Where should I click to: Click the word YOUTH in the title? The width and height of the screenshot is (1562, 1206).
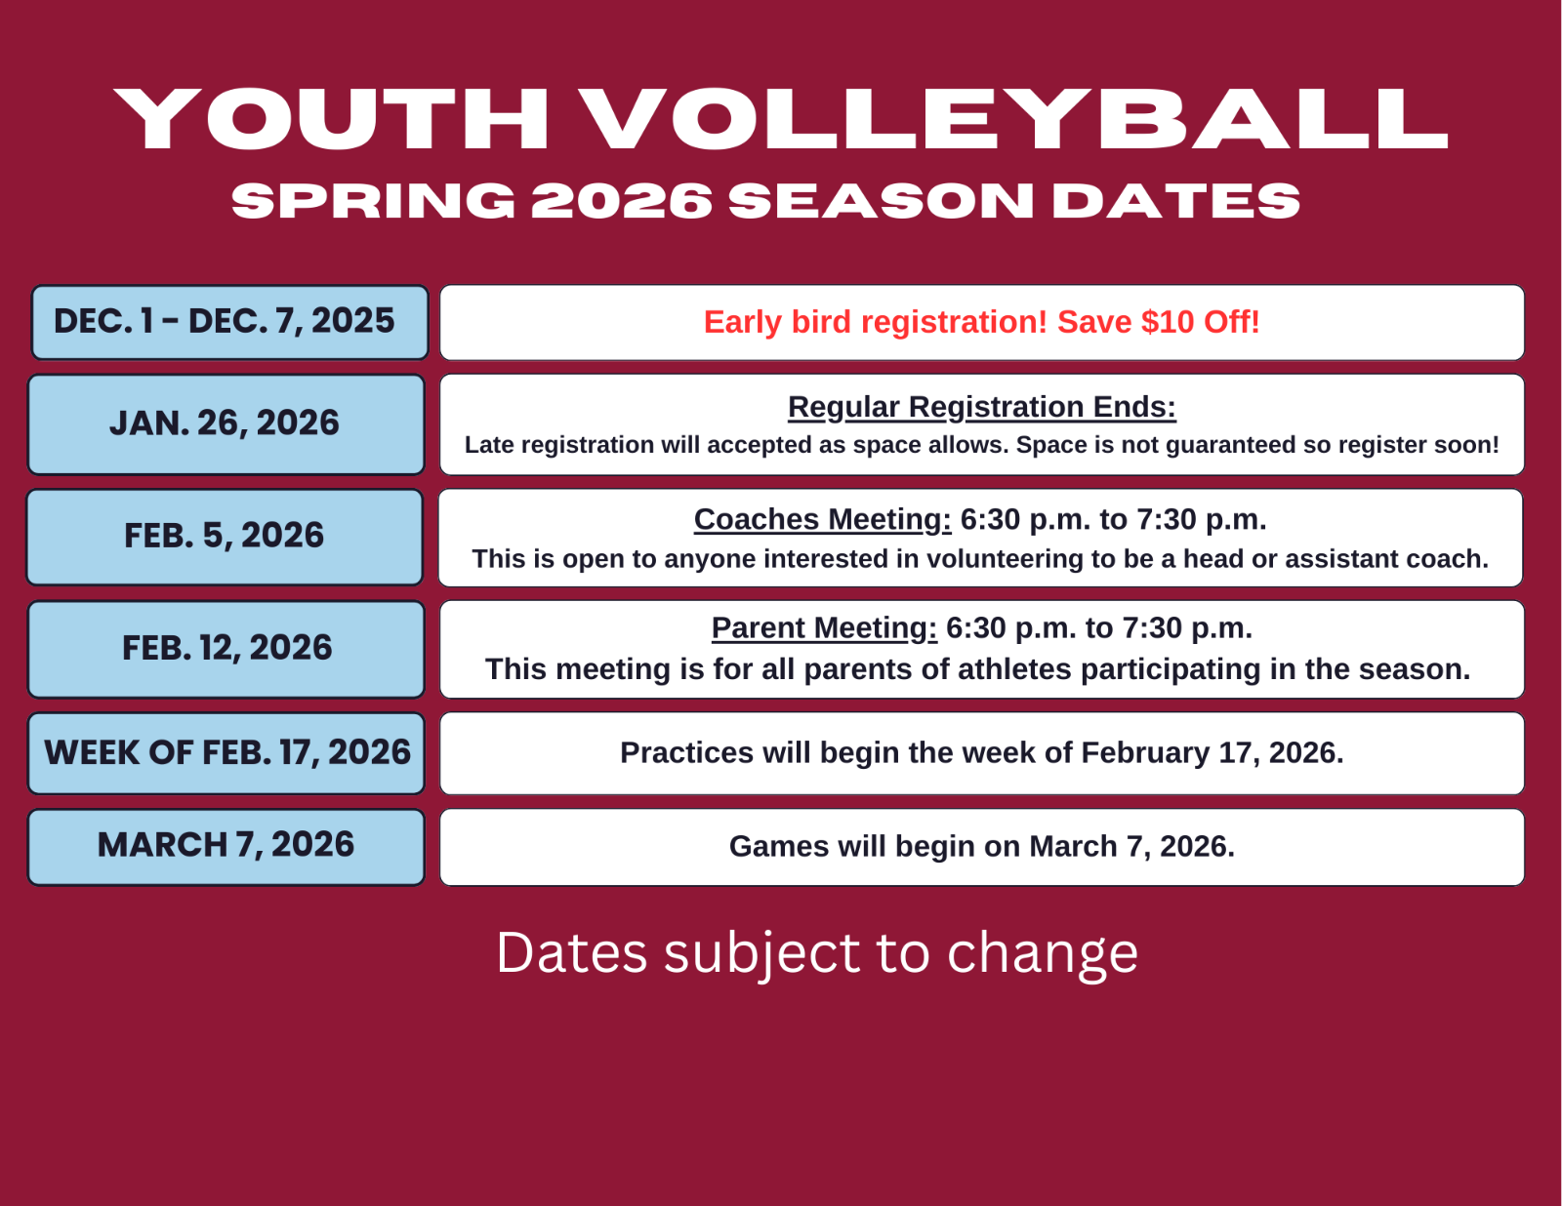pos(331,119)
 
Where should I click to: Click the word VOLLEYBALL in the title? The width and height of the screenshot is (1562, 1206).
pos(1014,119)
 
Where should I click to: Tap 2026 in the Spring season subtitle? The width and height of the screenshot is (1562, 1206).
pos(622,200)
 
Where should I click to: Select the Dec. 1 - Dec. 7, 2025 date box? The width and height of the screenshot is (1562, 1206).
pos(230,322)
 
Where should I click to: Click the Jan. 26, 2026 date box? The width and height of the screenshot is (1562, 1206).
pos(226,423)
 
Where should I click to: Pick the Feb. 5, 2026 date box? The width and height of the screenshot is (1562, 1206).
pos(225,537)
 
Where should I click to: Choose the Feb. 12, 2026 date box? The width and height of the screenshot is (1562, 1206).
pos(226,649)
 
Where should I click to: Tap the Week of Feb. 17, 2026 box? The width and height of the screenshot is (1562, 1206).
pos(226,752)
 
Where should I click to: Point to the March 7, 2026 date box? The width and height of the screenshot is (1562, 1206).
pos(226,847)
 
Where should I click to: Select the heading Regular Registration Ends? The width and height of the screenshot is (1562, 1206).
pos(982,407)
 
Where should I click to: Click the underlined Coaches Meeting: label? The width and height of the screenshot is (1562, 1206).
pos(822,519)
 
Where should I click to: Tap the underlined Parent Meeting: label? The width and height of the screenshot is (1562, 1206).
pos(825,627)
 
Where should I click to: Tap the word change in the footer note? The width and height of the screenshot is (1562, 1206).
pos(1043,954)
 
